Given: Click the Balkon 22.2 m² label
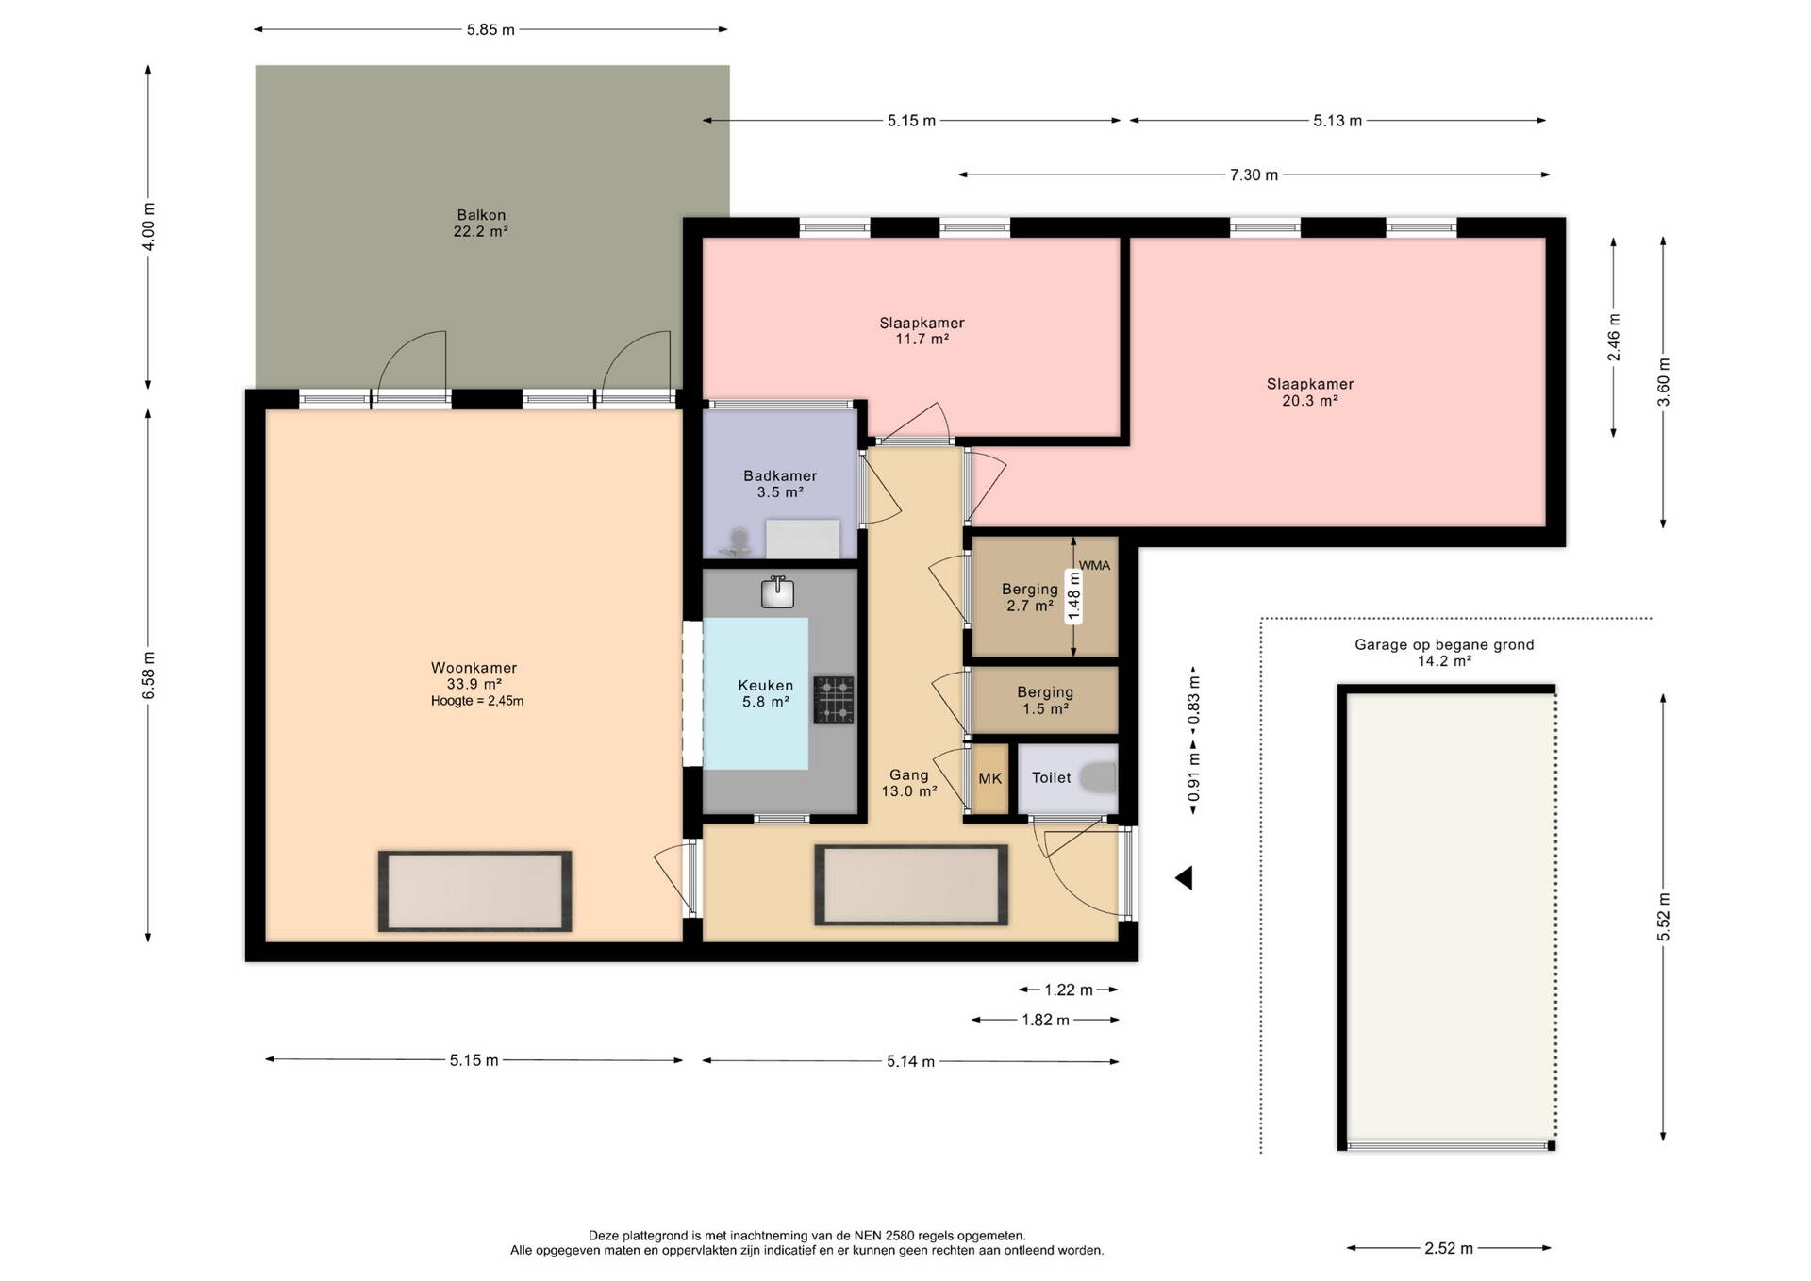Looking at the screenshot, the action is [x=481, y=223].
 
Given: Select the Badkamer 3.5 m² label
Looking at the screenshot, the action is [x=780, y=484].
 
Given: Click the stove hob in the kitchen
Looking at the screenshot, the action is [x=834, y=699].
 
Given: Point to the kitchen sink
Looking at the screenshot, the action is [x=778, y=592].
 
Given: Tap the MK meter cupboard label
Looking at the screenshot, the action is [x=990, y=778].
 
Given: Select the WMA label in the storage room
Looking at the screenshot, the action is [x=1095, y=566].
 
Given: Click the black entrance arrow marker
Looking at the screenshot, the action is [x=1184, y=878].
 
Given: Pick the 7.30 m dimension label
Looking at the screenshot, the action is [x=1254, y=175].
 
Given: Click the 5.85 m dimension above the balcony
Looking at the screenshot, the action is [x=490, y=29].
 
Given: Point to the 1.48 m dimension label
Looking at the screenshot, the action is [x=1073, y=596].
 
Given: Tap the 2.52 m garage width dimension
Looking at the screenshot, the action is [x=1449, y=1248].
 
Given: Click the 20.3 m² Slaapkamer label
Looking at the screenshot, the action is [x=1310, y=392].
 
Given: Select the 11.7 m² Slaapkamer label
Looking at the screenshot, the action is [x=922, y=331].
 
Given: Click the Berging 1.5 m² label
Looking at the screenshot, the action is [x=1045, y=700].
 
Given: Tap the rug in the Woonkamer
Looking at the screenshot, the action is [x=475, y=891].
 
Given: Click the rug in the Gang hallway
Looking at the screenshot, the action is [x=911, y=885].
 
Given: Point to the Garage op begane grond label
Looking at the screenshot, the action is [x=1444, y=653].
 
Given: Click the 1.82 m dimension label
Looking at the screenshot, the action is [x=1045, y=1020].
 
